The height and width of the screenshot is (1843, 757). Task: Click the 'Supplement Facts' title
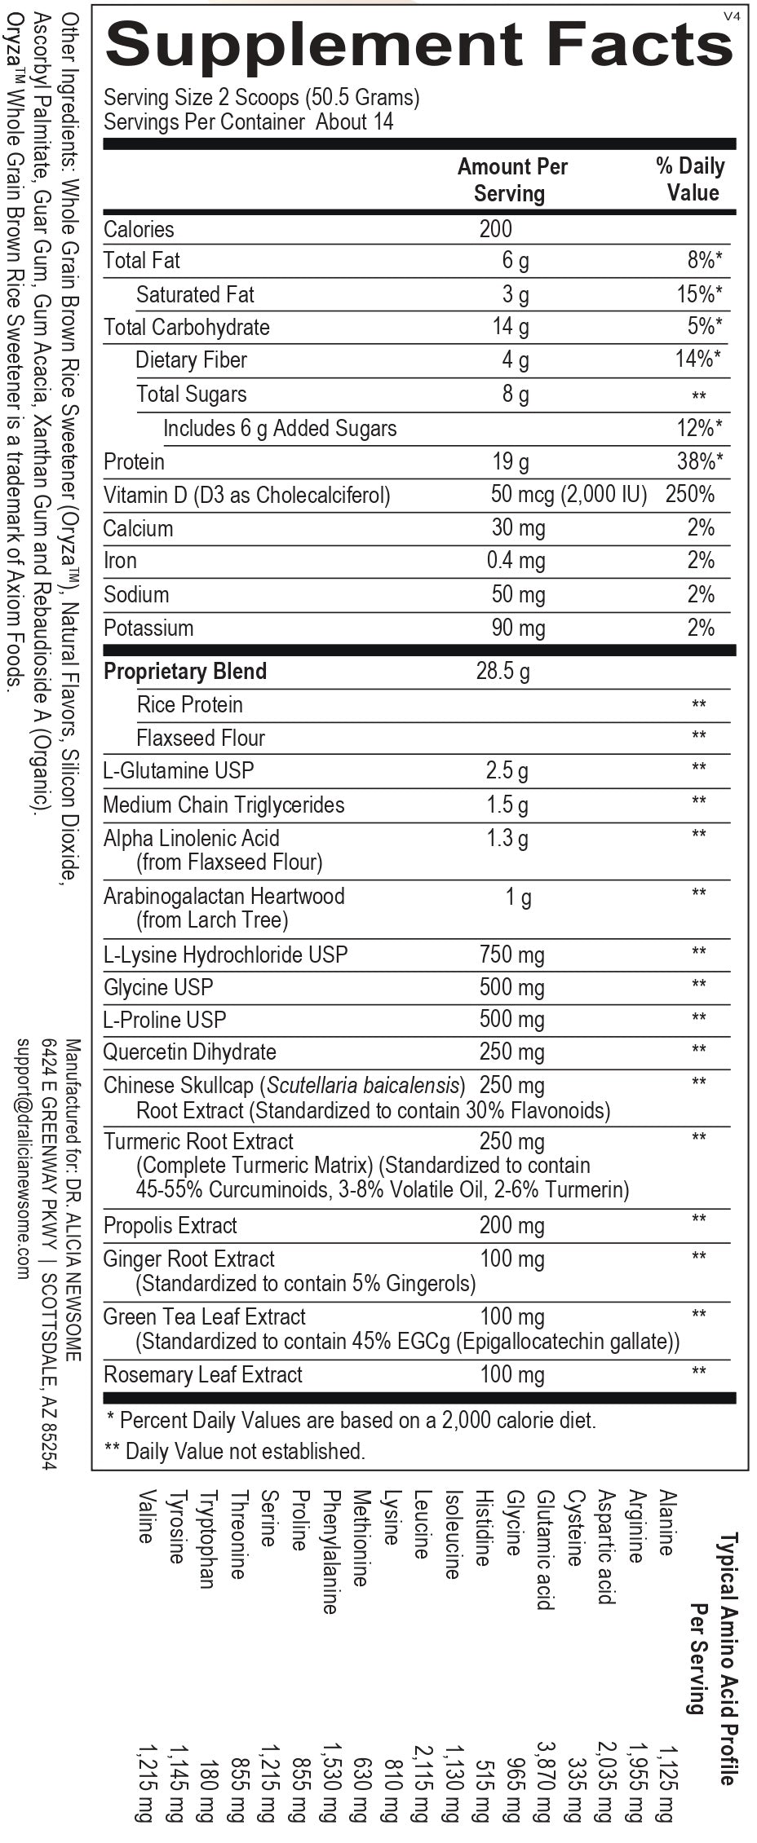(x=419, y=45)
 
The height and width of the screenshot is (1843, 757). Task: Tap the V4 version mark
(x=731, y=15)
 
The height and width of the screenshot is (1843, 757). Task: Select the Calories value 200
(x=495, y=229)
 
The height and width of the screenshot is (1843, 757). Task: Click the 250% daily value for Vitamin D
(x=690, y=494)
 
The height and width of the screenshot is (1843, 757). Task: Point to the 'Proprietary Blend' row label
(x=185, y=671)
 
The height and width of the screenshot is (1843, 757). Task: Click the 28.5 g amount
(x=502, y=671)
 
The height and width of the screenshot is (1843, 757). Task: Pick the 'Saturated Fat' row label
(x=195, y=294)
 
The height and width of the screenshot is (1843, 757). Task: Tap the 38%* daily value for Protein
(x=700, y=461)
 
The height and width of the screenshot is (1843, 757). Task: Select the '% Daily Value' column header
(x=691, y=179)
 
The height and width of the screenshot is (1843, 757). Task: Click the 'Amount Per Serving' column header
(x=511, y=179)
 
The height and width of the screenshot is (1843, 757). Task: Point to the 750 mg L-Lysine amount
(x=511, y=955)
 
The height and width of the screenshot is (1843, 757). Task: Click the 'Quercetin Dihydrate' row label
(x=189, y=1052)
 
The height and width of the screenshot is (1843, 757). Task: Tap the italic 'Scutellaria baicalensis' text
(x=363, y=1085)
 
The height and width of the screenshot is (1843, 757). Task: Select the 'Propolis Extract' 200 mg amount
(x=511, y=1225)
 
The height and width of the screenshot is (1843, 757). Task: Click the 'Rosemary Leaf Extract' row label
(x=202, y=1374)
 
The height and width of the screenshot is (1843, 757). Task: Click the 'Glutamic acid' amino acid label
(x=545, y=1550)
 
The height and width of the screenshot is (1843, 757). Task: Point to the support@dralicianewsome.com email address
(x=23, y=1158)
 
